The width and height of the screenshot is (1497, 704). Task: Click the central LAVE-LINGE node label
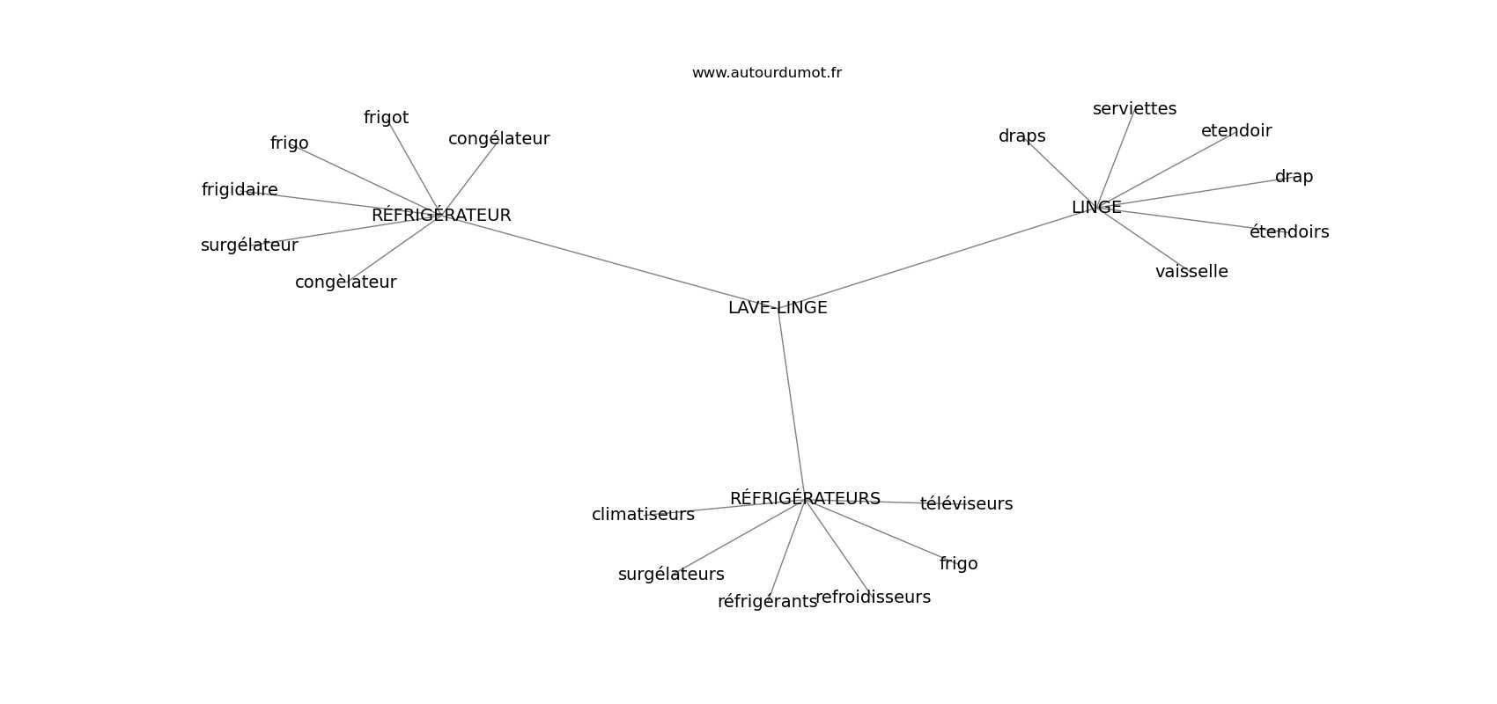tap(778, 308)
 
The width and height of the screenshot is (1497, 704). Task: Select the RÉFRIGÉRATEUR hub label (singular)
tap(441, 215)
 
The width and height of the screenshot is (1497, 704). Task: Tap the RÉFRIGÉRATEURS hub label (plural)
tap(805, 497)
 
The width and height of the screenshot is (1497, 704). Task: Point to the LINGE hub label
tap(1096, 208)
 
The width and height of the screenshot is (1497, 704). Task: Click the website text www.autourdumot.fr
tap(766, 73)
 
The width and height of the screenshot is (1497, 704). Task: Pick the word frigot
tap(386, 118)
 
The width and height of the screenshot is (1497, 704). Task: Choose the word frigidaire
tap(240, 190)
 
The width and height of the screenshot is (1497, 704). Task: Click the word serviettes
tap(1134, 109)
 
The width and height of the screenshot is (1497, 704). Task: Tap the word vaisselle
tap(1191, 272)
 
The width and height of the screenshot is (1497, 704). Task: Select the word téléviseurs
tap(966, 503)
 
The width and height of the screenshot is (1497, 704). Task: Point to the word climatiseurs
tap(643, 514)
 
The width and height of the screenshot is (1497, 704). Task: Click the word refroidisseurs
tap(873, 598)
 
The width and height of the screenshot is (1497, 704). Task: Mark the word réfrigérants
tap(767, 602)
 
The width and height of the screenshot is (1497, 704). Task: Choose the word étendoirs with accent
tap(1289, 231)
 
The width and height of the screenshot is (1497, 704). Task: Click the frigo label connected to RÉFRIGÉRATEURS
tap(958, 564)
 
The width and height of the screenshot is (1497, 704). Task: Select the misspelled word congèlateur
tap(345, 282)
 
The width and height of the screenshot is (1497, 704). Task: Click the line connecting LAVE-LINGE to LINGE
tap(937, 258)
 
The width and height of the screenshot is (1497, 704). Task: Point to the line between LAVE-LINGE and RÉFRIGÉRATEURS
tap(792, 403)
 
